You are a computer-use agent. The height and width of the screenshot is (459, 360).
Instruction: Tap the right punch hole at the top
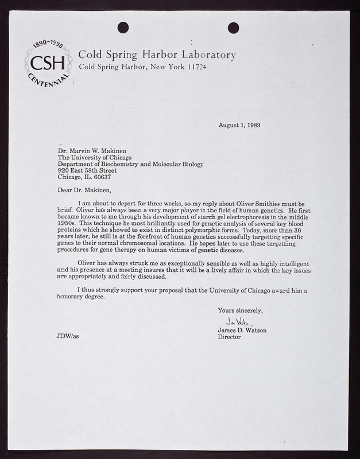233,26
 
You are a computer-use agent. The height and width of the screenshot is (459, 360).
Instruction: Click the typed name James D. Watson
242,330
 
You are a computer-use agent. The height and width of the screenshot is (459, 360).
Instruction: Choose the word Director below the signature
230,337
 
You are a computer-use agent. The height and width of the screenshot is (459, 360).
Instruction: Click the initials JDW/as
53,337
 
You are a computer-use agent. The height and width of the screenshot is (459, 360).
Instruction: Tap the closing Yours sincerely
240,311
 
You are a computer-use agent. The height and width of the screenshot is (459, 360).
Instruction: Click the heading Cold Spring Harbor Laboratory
156,55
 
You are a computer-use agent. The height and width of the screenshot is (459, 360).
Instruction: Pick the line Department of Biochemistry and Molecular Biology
130,164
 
